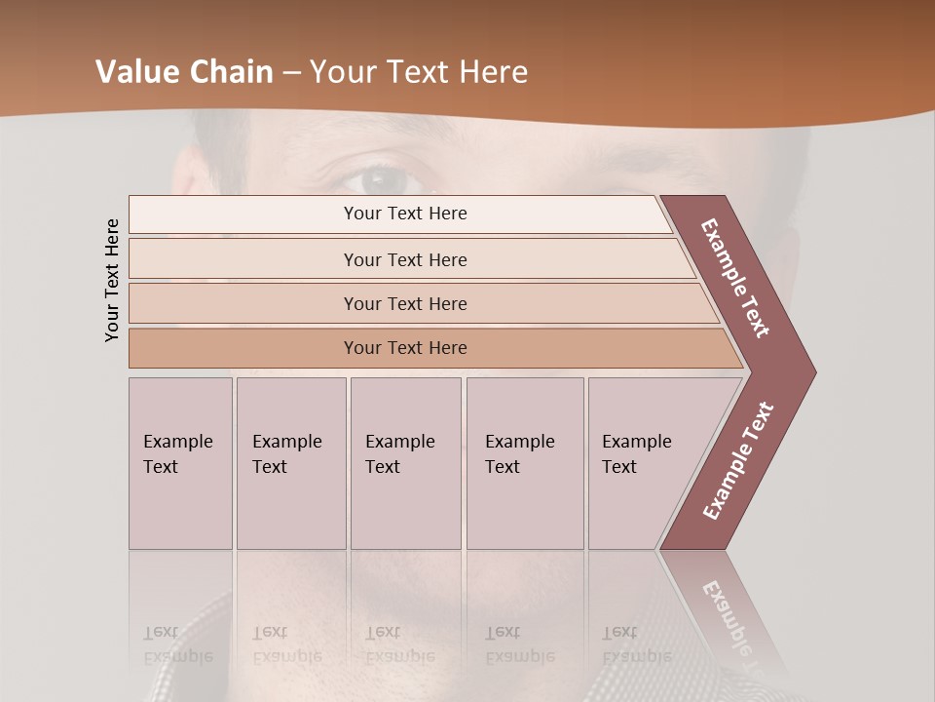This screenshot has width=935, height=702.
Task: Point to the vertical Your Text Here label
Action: pyautogui.click(x=112, y=281)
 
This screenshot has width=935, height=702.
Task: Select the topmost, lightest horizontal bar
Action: pyautogui.click(x=404, y=214)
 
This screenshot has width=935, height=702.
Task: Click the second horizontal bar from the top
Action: pyautogui.click(x=404, y=259)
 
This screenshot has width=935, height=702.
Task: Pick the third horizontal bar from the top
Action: pyautogui.click(x=404, y=303)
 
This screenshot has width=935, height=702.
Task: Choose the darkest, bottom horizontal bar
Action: pyautogui.click(x=404, y=348)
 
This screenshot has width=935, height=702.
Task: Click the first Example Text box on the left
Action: pyautogui.click(x=180, y=463)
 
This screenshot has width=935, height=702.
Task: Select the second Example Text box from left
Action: pyautogui.click(x=290, y=463)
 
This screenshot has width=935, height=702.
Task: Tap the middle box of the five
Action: pyautogui.click(x=405, y=463)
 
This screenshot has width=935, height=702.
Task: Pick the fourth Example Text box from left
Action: pyautogui.click(x=524, y=463)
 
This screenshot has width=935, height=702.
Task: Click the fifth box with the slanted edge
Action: pyautogui.click(x=643, y=463)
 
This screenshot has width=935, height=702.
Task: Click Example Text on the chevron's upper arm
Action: pyautogui.click(x=735, y=278)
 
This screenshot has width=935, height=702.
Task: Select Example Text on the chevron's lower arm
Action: pyautogui.click(x=738, y=460)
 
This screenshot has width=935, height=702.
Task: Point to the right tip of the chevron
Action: pyautogui.click(x=812, y=372)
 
